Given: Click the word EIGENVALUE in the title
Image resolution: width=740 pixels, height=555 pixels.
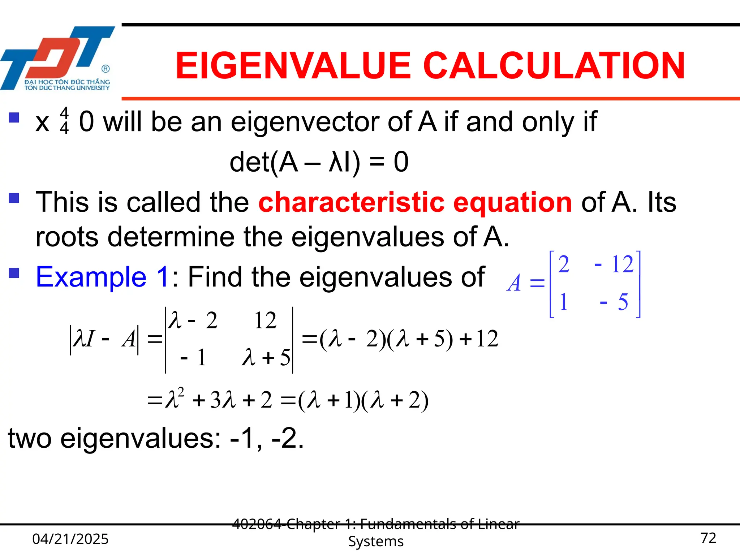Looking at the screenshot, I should tap(293, 66).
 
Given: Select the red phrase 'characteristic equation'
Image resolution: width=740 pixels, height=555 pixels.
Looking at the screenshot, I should tap(415, 202).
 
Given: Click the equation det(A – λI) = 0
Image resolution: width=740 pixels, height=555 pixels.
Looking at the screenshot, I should tap(319, 162).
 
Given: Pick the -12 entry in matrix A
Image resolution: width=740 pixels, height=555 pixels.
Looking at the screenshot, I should tap(614, 264).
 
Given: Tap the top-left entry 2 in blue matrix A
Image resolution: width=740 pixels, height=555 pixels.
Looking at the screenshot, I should tap(564, 264).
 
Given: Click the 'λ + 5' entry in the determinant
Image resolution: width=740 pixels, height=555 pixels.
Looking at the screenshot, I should tap(266, 358).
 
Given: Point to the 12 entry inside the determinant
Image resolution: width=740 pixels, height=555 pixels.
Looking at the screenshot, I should tap(265, 320).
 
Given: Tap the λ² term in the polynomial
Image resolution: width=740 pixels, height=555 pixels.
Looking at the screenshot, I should tap(174, 399).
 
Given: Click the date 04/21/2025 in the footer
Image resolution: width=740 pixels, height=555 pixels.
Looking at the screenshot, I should tap(70, 539).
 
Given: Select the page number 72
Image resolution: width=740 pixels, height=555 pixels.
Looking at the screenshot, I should tap(708, 538).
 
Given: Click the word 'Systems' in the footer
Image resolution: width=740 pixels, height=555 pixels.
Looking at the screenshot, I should tap(376, 542).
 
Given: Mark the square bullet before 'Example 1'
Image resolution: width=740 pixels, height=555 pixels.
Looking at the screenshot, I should tap(14, 273).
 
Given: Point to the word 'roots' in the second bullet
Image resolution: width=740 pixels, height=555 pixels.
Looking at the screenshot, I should tap(67, 237).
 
